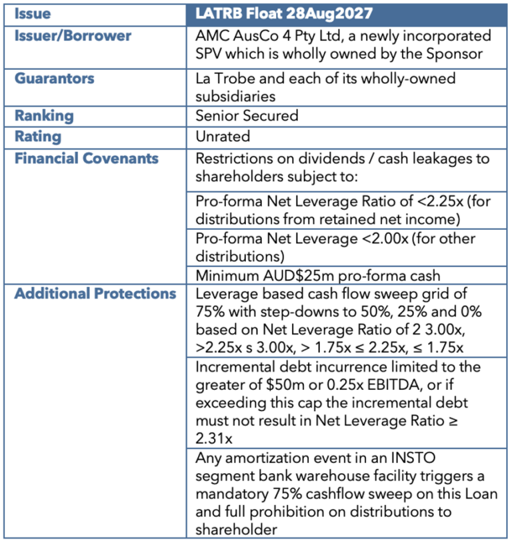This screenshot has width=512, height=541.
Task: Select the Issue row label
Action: (33, 13)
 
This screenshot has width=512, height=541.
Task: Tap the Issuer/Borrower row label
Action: (73, 35)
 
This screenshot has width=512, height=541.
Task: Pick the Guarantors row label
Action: (55, 78)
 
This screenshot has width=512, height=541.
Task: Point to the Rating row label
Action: (38, 137)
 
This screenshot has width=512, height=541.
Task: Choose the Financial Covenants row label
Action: (87, 158)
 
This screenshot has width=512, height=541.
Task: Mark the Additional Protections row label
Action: (95, 294)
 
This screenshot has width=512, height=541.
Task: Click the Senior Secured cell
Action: (247, 115)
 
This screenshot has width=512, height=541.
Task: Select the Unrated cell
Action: (223, 137)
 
